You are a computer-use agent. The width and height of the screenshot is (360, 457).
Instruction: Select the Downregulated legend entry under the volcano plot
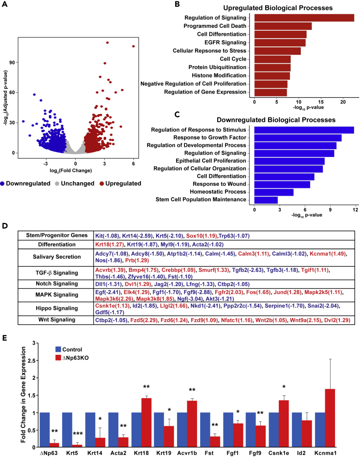[27, 183]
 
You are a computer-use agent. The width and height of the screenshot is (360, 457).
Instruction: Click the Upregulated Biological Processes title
[292, 7]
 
